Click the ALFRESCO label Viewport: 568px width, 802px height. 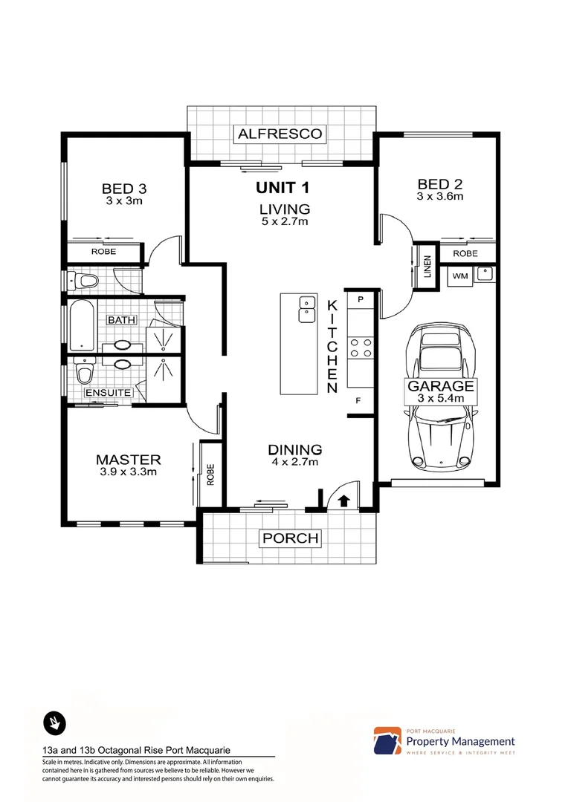click(x=280, y=134)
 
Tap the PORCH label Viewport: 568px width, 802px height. click(x=289, y=538)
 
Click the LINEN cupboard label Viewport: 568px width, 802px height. click(x=427, y=268)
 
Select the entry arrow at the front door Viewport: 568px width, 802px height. click(x=343, y=501)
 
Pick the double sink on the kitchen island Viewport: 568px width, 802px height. click(x=305, y=309)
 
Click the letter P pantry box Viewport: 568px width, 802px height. click(x=361, y=299)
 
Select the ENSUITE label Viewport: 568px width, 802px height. click(x=108, y=392)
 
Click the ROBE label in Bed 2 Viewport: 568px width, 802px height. click(x=465, y=253)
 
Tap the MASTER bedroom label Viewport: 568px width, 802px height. click(x=128, y=460)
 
